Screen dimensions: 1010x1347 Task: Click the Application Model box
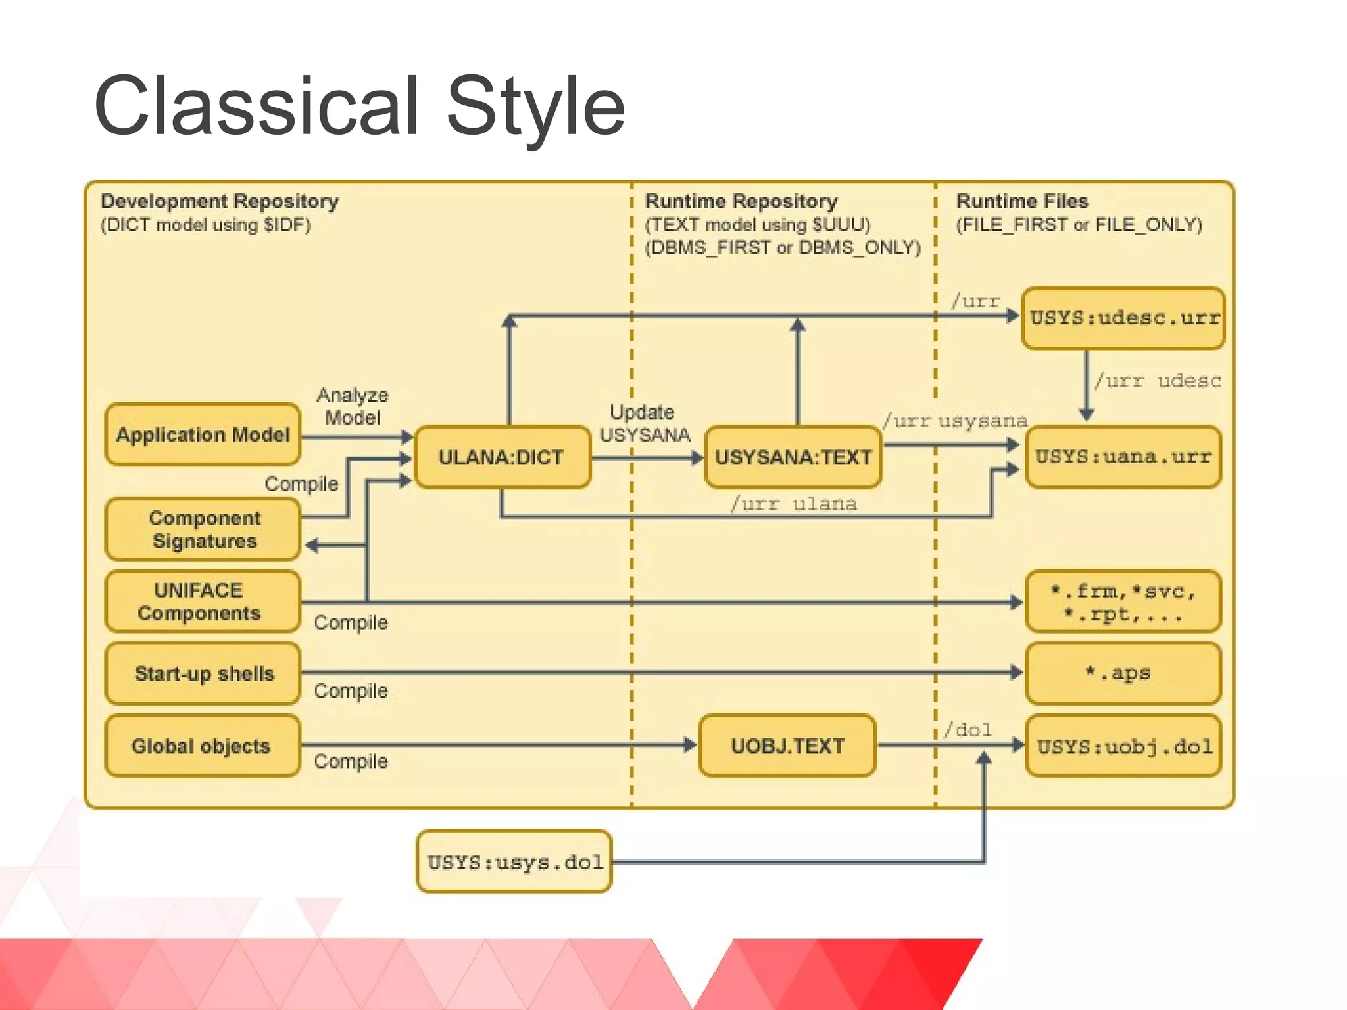(203, 435)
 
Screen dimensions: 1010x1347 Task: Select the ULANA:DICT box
(502, 457)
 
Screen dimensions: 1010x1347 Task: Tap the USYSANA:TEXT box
(793, 457)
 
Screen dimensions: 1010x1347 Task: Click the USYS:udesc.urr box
(1123, 318)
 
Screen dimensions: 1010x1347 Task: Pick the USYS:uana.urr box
(1123, 457)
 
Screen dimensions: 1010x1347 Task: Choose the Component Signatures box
(203, 529)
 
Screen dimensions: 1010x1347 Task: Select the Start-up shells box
(203, 673)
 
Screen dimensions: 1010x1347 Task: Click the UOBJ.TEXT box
(787, 746)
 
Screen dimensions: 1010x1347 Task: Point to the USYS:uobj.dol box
(1123, 746)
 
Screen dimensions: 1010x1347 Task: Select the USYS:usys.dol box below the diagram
(514, 861)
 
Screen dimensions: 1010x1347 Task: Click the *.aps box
(1123, 673)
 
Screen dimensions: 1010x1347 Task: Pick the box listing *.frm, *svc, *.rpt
(1123, 601)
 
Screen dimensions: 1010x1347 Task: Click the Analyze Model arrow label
(353, 406)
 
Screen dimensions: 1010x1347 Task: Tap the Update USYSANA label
(643, 423)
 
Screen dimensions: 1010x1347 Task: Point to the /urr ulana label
(793, 504)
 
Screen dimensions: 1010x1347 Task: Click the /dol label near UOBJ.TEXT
(967, 730)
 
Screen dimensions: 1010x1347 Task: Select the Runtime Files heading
(1022, 201)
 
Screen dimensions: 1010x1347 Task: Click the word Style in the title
(535, 107)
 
